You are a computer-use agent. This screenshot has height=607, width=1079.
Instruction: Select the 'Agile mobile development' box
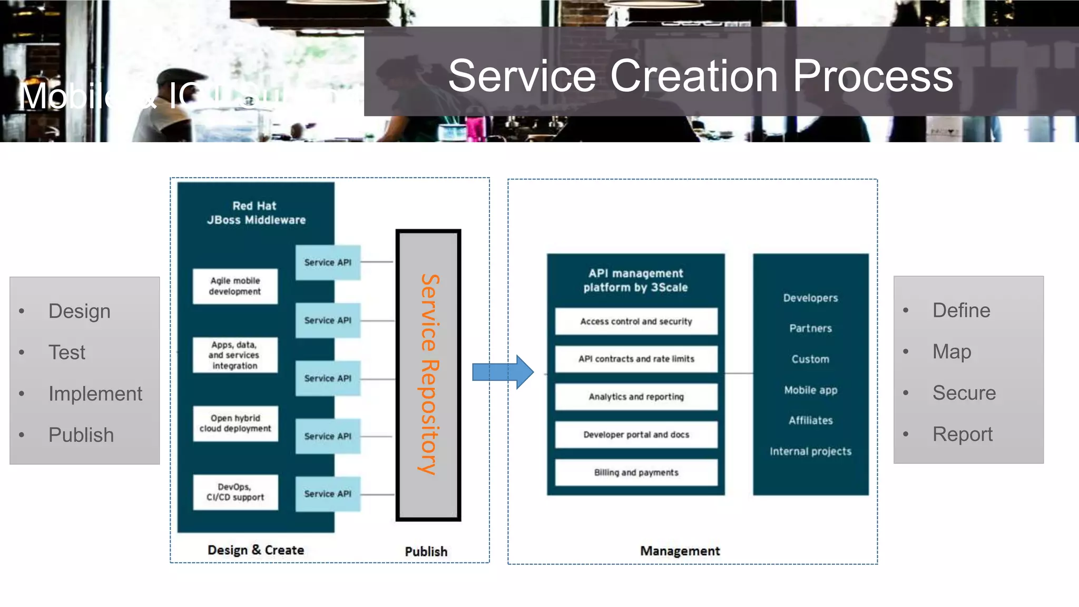235,286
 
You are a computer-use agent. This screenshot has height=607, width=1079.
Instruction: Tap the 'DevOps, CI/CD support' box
235,492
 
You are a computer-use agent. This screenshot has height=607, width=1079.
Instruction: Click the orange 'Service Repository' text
429,374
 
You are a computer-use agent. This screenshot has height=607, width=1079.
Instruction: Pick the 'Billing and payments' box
636,473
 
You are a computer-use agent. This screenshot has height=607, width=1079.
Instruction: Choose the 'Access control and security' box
636,321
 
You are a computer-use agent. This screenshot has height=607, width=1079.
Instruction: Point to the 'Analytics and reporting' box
636,397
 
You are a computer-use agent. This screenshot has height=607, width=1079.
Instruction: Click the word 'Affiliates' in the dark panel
810,420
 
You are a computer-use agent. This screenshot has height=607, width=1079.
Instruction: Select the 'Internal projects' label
810,452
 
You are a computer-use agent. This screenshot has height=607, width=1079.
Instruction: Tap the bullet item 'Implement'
95,394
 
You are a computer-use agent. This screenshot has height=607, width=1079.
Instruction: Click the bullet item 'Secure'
964,393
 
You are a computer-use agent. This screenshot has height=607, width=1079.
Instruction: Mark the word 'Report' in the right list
962,434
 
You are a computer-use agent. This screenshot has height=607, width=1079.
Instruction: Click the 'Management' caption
680,551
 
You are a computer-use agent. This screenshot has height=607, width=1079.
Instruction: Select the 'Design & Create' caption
256,550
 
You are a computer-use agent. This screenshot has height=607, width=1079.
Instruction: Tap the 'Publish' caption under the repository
426,552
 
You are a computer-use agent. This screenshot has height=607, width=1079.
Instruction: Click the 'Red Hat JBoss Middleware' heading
256,213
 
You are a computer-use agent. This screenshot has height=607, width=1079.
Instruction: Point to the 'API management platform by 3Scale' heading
635,280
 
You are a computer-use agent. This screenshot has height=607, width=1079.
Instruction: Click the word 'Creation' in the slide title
693,76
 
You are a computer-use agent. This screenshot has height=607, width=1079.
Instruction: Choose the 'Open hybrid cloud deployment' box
235,424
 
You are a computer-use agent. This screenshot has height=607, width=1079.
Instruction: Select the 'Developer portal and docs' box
636,435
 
